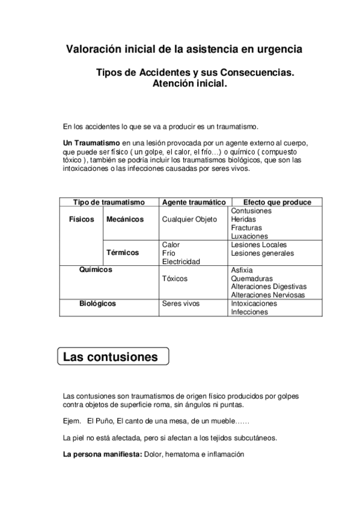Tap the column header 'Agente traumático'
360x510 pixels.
tap(194, 203)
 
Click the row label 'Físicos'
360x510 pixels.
tap(82, 220)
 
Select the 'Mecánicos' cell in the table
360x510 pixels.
tap(124, 220)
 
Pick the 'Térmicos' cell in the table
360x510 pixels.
tap(123, 253)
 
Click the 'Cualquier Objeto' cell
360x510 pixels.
tap(189, 220)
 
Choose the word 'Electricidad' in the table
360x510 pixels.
tap(182, 262)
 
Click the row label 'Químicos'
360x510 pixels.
tap(96, 270)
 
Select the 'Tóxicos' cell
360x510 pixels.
tap(175, 278)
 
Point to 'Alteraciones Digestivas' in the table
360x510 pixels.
tap(269, 287)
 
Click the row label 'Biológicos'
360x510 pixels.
tap(97, 304)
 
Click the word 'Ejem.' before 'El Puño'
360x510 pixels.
tap(73, 420)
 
